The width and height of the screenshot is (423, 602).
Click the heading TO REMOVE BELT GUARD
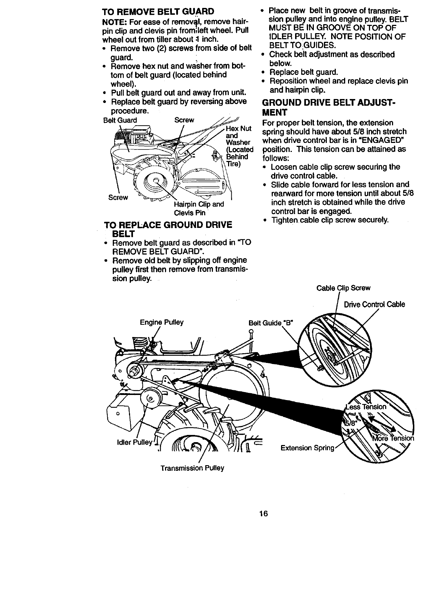click(158, 11)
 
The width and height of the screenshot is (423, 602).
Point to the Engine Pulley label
click(161, 322)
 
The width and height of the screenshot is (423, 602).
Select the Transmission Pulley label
click(192, 468)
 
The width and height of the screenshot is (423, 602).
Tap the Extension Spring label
click(308, 448)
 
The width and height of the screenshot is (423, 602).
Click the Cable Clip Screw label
click(343, 288)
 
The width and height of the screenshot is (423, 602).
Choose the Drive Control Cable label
click(374, 305)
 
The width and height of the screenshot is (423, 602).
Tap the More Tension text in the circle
click(393, 438)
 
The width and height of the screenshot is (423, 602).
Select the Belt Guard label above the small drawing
click(120, 120)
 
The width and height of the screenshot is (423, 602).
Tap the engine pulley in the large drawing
click(135, 370)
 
